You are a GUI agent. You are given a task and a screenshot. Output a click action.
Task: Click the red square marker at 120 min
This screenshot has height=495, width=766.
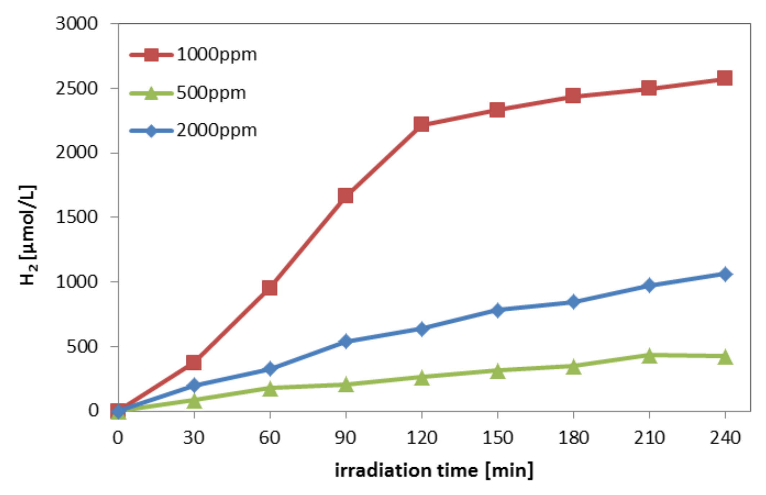pyautogui.click(x=422, y=124)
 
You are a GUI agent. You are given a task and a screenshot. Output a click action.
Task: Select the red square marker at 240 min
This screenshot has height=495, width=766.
pyautogui.click(x=725, y=78)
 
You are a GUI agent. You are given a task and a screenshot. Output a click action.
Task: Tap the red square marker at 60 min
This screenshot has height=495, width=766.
pyautogui.click(x=270, y=288)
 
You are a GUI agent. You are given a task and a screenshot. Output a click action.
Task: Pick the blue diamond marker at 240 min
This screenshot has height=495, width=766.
pyautogui.click(x=725, y=274)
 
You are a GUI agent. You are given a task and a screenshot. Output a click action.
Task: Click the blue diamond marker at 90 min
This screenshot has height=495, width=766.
pyautogui.click(x=346, y=341)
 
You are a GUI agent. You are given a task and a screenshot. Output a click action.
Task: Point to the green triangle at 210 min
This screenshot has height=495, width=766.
pyautogui.click(x=649, y=356)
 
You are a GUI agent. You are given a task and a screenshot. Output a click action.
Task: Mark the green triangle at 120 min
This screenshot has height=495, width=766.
pyautogui.click(x=422, y=378)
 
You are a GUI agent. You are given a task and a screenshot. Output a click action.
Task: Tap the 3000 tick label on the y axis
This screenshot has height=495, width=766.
pyautogui.click(x=76, y=24)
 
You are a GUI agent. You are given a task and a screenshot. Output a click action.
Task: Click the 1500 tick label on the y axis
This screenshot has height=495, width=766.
pyautogui.click(x=76, y=217)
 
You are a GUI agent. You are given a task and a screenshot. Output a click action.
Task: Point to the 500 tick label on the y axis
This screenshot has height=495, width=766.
pyautogui.click(x=82, y=346)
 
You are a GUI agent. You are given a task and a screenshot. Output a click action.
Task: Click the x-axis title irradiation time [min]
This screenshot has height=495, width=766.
pyautogui.click(x=434, y=471)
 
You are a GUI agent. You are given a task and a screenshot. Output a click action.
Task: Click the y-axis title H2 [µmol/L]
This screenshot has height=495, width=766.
pyautogui.click(x=28, y=236)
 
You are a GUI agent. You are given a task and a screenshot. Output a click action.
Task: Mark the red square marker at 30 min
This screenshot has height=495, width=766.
pyautogui.click(x=194, y=362)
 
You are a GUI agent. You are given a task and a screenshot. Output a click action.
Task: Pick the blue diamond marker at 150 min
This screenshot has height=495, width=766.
pyautogui.click(x=497, y=310)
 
